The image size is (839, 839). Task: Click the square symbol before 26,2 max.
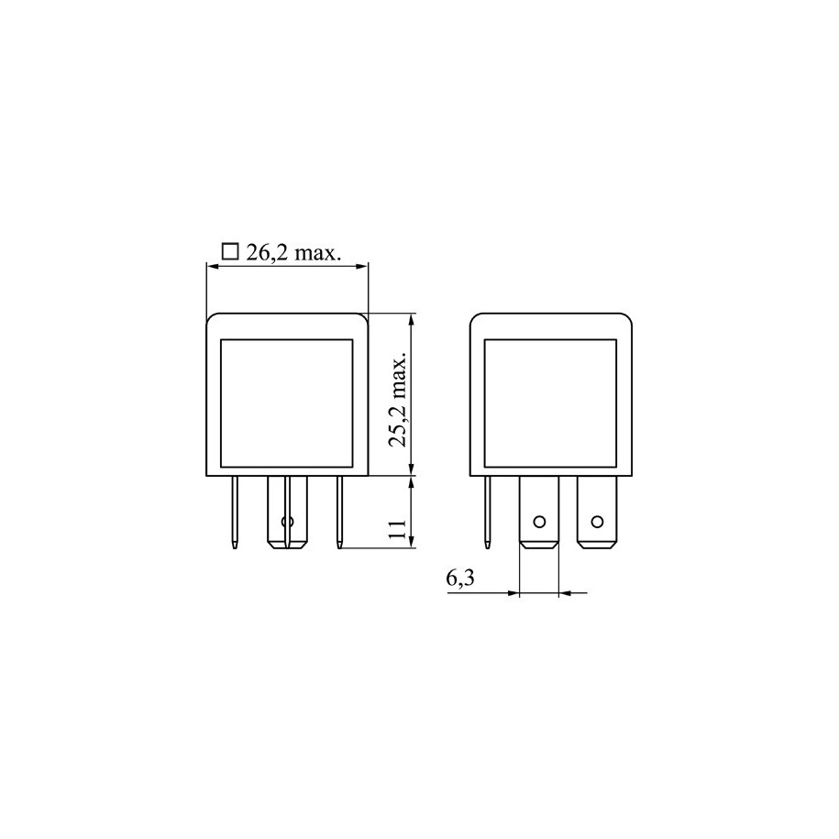(x=229, y=251)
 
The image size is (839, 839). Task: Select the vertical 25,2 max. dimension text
(x=399, y=399)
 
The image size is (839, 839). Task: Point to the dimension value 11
(x=399, y=529)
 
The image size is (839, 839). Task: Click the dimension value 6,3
(x=459, y=579)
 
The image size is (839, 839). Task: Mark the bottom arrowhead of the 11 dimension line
(x=411, y=542)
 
